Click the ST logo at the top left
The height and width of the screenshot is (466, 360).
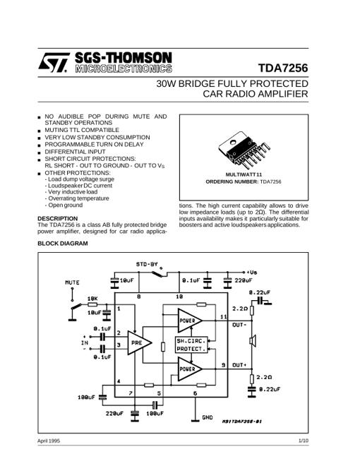click(x=54, y=62)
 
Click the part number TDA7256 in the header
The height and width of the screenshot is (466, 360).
click(x=283, y=68)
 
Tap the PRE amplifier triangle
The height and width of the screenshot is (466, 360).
click(x=139, y=342)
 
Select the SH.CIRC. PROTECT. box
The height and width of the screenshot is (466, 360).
click(x=191, y=345)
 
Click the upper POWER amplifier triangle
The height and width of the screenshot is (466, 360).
click(x=190, y=321)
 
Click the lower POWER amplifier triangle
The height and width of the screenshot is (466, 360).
click(x=190, y=369)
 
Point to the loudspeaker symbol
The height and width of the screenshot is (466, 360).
click(x=253, y=341)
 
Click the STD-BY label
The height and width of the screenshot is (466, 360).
click(x=147, y=264)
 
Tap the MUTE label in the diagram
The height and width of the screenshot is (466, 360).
click(x=72, y=282)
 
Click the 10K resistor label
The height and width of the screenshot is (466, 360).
click(x=92, y=299)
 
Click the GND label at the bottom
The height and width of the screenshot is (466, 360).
click(x=208, y=417)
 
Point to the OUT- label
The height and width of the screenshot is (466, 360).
click(x=239, y=325)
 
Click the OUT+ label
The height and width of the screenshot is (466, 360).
click(x=239, y=364)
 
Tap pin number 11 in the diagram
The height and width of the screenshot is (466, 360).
click(x=224, y=317)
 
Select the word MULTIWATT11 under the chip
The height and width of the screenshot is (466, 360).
click(x=244, y=174)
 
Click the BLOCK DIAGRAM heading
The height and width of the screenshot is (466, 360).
click(x=63, y=244)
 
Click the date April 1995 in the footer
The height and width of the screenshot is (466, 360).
click(x=49, y=441)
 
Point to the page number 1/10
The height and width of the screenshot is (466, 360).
click(x=304, y=441)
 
